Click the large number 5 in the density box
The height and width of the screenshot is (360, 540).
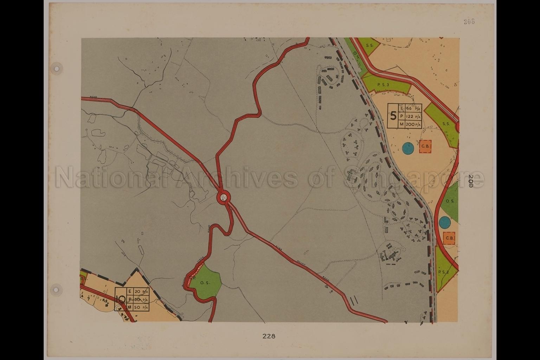click(393, 116)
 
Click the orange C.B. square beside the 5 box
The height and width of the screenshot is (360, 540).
click(425, 147)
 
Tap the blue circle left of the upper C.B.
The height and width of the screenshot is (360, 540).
click(408, 148)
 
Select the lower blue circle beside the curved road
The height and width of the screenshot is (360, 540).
click(445, 222)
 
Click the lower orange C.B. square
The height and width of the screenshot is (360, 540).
click(449, 238)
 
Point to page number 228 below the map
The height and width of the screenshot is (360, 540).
click(269, 336)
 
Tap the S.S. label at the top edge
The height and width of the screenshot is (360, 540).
click(369, 45)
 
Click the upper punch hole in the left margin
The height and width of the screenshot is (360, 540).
click(56, 67)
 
